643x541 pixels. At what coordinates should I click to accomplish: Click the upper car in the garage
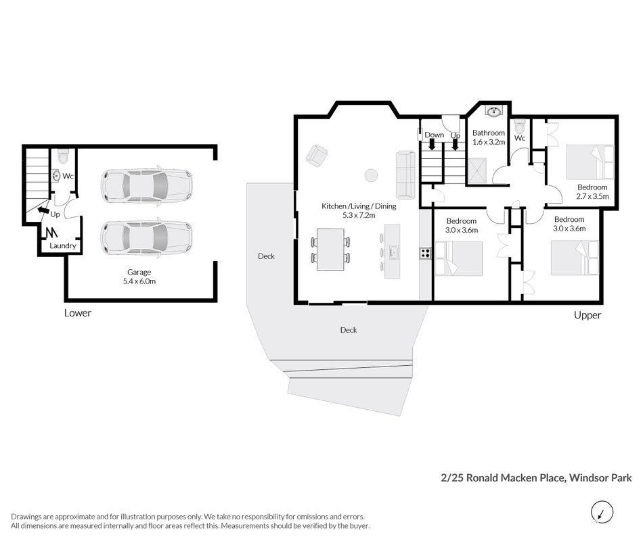(x=147, y=185)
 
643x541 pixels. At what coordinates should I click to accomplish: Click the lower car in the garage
(x=147, y=238)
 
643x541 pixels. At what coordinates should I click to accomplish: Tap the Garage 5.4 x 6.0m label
(x=139, y=277)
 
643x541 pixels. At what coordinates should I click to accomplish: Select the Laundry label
(x=63, y=245)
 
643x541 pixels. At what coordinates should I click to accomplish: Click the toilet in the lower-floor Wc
(x=63, y=156)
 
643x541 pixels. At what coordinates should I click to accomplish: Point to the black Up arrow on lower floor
(x=43, y=210)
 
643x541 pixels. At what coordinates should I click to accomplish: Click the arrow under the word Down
(x=432, y=145)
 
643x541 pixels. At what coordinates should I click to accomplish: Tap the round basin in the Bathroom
(x=493, y=111)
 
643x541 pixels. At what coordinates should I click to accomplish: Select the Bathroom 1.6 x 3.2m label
(x=489, y=137)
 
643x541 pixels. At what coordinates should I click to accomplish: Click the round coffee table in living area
(x=371, y=175)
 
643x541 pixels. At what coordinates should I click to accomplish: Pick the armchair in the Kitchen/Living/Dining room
(x=317, y=156)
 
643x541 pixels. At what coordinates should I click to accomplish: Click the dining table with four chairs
(x=330, y=250)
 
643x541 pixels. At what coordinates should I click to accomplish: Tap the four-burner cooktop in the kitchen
(x=425, y=253)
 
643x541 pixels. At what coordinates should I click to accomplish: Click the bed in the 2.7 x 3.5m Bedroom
(x=590, y=162)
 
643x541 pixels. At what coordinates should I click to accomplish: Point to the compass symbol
(x=602, y=513)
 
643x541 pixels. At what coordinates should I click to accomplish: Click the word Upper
(x=587, y=315)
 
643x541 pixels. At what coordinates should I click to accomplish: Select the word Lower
(x=78, y=313)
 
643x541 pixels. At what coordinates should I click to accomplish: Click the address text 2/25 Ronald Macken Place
(x=504, y=478)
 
